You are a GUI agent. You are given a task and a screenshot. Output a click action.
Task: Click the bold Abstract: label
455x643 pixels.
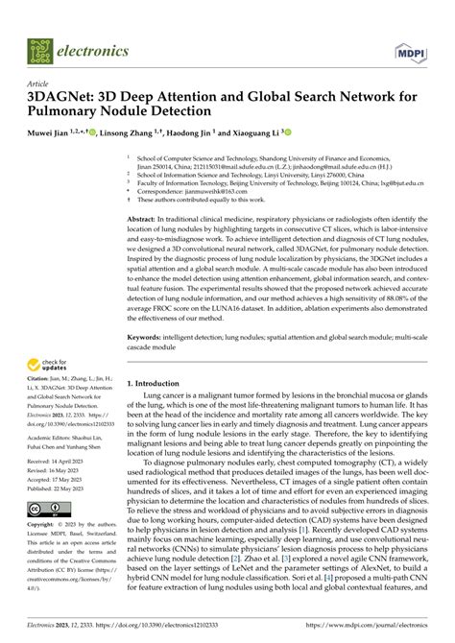[x=142, y=220]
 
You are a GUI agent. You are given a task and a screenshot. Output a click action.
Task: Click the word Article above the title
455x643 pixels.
[x=38, y=83]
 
